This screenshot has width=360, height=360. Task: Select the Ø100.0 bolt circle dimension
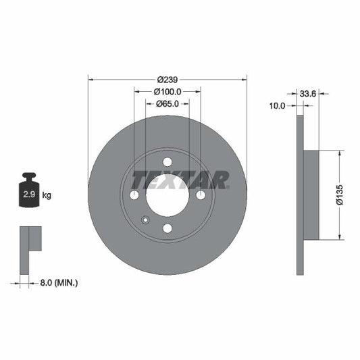(168, 91)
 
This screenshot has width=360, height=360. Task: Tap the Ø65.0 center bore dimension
(167, 103)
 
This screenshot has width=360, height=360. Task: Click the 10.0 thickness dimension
(277, 106)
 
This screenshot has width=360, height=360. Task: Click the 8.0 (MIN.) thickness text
(59, 282)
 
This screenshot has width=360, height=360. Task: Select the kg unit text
(47, 195)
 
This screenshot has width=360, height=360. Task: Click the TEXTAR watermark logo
(180, 180)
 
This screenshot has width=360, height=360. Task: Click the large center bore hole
(167, 195)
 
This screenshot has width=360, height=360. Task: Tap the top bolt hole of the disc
(167, 161)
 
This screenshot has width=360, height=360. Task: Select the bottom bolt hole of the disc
(167, 228)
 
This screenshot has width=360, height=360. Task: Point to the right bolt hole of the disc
(201, 195)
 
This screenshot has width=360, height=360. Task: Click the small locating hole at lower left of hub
(145, 219)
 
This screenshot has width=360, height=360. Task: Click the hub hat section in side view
(311, 195)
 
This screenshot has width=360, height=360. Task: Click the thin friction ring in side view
(299, 195)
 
